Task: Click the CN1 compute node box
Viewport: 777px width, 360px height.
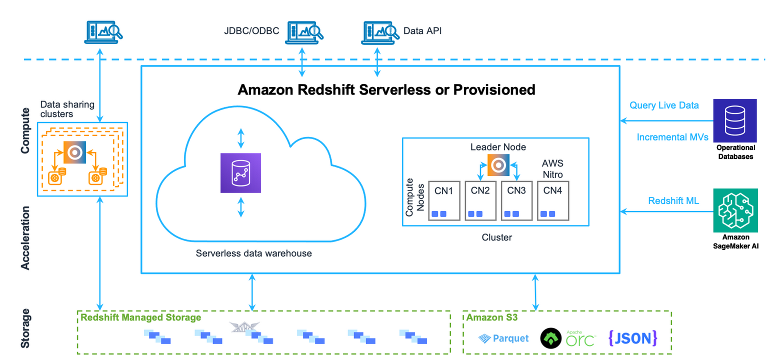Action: pos(444,200)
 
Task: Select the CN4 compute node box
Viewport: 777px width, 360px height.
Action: pos(553,200)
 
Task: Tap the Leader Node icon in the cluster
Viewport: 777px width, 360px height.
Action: pos(498,164)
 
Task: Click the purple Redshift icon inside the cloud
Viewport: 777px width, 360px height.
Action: pos(240,172)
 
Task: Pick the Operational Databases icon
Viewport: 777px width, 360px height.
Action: pos(735,120)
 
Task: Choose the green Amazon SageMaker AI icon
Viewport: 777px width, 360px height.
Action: pos(735,210)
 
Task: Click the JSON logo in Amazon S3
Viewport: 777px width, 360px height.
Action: pos(633,338)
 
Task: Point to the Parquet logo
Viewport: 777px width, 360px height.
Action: pos(503,338)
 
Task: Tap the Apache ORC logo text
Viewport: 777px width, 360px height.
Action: pos(580,339)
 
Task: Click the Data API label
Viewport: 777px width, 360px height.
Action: pos(422,31)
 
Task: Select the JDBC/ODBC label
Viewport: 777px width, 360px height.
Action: pos(251,31)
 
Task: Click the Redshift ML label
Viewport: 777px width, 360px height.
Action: pos(673,201)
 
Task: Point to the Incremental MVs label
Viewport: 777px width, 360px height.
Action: pos(672,137)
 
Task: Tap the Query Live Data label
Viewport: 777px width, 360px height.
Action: pos(664,105)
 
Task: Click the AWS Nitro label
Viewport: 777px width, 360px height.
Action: pos(552,168)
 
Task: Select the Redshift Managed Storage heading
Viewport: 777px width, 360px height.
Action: pos(141,317)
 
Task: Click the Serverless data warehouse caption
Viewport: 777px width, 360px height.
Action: pos(253,253)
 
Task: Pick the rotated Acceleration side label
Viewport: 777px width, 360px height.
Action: pos(25,238)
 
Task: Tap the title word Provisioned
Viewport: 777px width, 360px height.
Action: pos(494,90)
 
